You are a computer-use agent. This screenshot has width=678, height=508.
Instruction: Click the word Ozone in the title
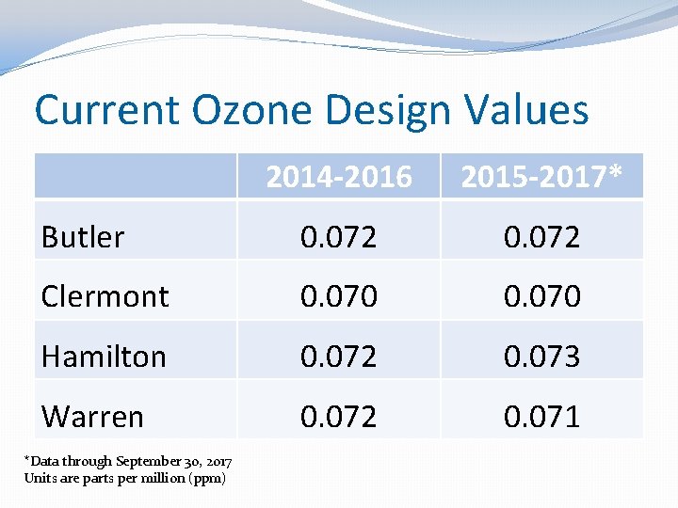coord(249,110)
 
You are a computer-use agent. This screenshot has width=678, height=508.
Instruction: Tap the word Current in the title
coord(106,110)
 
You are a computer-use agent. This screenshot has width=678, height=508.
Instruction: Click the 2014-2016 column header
coord(338,176)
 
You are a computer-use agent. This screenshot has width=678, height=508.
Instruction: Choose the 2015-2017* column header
coord(541,176)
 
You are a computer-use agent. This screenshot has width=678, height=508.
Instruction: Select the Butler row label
coord(83,237)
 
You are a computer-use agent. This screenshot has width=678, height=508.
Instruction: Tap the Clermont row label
coord(105,296)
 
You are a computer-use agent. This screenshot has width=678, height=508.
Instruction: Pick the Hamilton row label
coord(104,357)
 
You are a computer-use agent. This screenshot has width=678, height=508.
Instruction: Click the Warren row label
coord(92,416)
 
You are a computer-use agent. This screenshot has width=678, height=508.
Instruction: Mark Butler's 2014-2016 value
coord(338,237)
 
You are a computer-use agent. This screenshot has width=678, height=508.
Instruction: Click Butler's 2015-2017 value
coord(541,237)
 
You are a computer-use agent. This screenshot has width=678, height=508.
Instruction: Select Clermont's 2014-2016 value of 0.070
coord(338,296)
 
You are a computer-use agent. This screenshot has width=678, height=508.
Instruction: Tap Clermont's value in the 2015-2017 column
coord(541,296)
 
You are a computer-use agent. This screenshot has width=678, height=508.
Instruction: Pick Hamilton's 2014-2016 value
coord(338,357)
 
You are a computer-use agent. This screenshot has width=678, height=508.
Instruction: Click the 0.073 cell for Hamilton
coord(541,357)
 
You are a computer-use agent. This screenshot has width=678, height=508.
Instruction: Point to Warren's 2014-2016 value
coord(338,416)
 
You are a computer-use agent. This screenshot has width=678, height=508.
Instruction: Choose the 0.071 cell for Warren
coord(541,416)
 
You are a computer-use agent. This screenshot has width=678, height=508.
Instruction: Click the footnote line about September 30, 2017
coord(128,461)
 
